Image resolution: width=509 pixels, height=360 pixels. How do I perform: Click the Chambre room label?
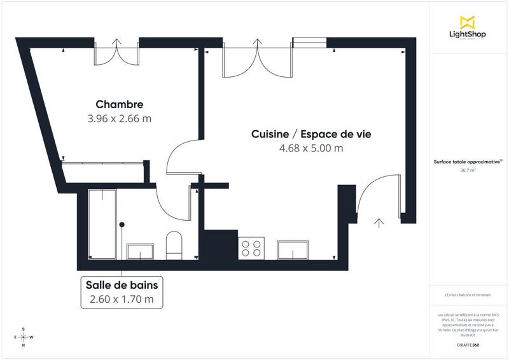click(x=119, y=104)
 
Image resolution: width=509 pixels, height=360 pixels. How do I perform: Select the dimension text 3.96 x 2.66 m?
click(x=119, y=118)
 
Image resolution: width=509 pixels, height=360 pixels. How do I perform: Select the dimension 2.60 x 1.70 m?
click(x=122, y=298)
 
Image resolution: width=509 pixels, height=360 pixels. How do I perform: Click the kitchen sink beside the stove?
click(x=293, y=250)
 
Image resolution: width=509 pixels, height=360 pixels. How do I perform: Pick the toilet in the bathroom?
click(x=174, y=246)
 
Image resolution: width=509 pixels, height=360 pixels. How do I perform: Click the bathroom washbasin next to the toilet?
click(x=141, y=251)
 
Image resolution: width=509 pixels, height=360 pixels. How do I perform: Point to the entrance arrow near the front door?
click(x=379, y=223)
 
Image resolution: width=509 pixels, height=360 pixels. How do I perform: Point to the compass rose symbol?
click(x=24, y=337)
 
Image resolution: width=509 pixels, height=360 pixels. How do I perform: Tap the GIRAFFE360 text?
click(x=468, y=344)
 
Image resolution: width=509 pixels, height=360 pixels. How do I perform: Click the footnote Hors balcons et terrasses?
click(x=468, y=294)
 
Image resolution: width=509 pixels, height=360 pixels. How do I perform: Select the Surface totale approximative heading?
click(x=468, y=162)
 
